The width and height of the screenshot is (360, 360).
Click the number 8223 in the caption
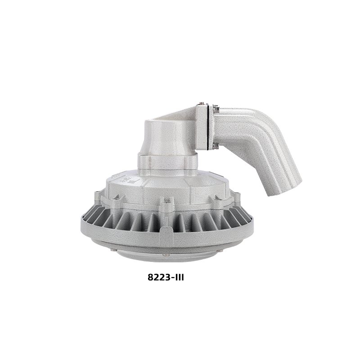pos(159,277)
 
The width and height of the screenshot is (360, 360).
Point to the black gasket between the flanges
pos(208,127)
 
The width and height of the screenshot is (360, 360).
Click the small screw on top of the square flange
pos(202,103)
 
